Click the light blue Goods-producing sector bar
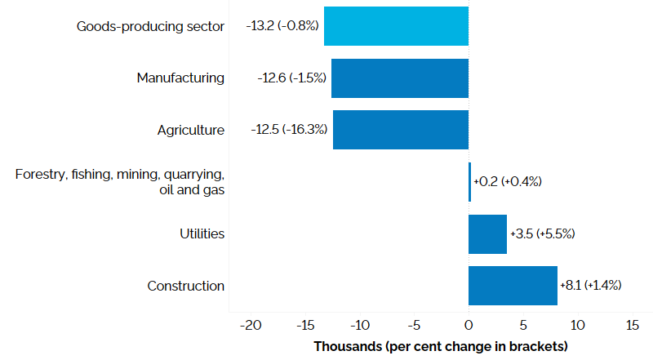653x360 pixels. [x=396, y=26]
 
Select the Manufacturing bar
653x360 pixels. [x=399, y=78]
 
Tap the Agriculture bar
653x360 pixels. [x=400, y=130]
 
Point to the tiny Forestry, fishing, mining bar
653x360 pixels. [x=469, y=181]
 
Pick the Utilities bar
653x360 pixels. [x=487, y=233]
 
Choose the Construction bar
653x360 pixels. [x=513, y=286]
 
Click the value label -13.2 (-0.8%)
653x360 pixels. [x=282, y=26]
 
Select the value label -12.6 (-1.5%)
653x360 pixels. [x=291, y=78]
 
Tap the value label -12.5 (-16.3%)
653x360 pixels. [x=290, y=130]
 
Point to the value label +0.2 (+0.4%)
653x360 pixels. [x=508, y=181]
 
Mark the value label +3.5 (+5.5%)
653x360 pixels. [x=542, y=233]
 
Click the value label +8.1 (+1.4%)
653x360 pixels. [x=591, y=286]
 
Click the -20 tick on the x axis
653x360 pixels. [x=250, y=325]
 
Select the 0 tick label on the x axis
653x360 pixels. [x=469, y=325]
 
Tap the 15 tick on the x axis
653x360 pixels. [x=632, y=325]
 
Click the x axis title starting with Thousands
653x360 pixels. [x=440, y=346]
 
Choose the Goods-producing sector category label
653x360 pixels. [x=150, y=26]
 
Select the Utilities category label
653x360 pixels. [x=202, y=233]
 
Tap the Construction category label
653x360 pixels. [x=185, y=286]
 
